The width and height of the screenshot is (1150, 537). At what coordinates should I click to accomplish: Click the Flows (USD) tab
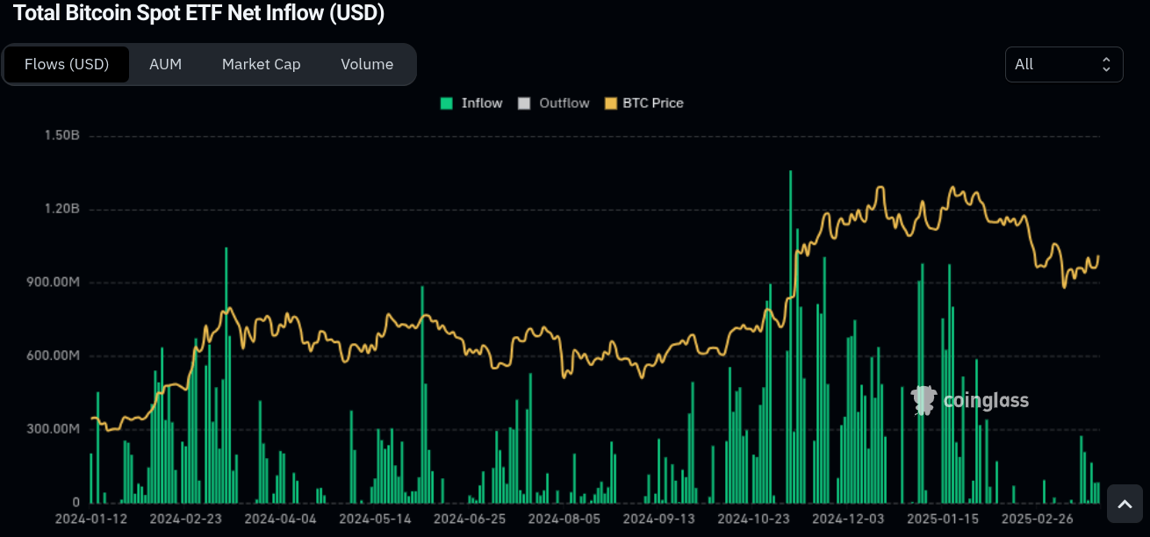67,64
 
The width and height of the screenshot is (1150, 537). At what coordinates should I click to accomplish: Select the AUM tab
165,64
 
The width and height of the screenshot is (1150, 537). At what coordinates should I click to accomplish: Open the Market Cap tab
261,64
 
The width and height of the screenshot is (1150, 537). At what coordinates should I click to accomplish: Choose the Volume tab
367,64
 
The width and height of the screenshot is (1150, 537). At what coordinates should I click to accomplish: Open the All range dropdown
1063,64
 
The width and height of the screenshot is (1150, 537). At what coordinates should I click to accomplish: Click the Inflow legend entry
471,103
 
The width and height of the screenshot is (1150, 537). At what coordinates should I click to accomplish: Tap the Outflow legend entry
554,103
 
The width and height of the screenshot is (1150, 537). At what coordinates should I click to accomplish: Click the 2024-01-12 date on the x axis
90,519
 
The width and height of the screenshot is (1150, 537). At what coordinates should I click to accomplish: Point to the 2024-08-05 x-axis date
564,519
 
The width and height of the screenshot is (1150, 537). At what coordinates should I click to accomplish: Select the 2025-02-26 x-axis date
1038,519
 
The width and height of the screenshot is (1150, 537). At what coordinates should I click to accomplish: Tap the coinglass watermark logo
970,401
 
